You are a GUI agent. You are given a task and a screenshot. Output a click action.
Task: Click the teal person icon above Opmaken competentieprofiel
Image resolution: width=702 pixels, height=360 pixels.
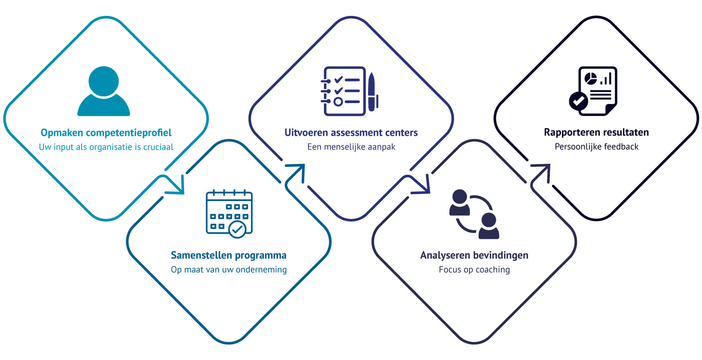[x=104, y=91]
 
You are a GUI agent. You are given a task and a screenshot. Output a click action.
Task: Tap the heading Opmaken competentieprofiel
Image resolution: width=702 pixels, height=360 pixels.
[x=106, y=133]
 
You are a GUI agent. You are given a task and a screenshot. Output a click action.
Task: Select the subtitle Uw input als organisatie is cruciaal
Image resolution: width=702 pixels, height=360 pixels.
[x=106, y=147]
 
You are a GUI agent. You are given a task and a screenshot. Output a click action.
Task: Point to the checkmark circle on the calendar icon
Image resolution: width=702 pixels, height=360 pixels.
[x=237, y=229]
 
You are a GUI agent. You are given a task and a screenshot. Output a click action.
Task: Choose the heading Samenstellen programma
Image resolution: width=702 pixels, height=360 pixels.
[x=229, y=256]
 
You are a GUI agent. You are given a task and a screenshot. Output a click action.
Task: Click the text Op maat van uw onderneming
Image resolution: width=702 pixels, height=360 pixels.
[x=229, y=270]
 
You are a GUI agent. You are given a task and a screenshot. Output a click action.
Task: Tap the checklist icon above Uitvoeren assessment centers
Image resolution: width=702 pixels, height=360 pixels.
[x=344, y=91]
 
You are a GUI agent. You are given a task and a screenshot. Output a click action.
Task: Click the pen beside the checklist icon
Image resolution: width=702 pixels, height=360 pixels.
[x=372, y=91]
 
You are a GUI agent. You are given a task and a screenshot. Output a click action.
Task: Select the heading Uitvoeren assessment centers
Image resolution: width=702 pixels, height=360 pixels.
[x=351, y=133]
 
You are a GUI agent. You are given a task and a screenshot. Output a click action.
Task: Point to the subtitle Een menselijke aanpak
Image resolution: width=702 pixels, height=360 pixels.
[x=351, y=147]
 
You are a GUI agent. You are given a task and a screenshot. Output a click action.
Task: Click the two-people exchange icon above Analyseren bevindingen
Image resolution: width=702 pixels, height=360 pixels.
[x=474, y=214]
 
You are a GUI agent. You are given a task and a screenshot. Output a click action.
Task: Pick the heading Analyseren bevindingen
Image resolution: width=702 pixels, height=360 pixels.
[x=474, y=256]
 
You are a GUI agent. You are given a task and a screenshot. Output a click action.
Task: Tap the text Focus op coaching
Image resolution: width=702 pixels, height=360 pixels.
[x=474, y=270]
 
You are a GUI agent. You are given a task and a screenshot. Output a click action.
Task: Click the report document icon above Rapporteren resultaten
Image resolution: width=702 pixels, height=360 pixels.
[x=595, y=91]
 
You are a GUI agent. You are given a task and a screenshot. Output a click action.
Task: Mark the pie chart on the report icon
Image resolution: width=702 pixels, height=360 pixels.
[x=591, y=79]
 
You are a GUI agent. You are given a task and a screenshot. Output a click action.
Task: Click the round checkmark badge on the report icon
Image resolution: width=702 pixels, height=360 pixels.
[x=578, y=101]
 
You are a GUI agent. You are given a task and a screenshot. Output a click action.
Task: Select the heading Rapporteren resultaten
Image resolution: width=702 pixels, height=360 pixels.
[x=596, y=132]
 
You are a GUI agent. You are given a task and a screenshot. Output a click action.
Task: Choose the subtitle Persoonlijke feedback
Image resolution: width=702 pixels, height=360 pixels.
[x=596, y=147]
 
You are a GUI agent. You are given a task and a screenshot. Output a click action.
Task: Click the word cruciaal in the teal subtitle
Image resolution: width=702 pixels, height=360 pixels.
[x=158, y=147]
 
